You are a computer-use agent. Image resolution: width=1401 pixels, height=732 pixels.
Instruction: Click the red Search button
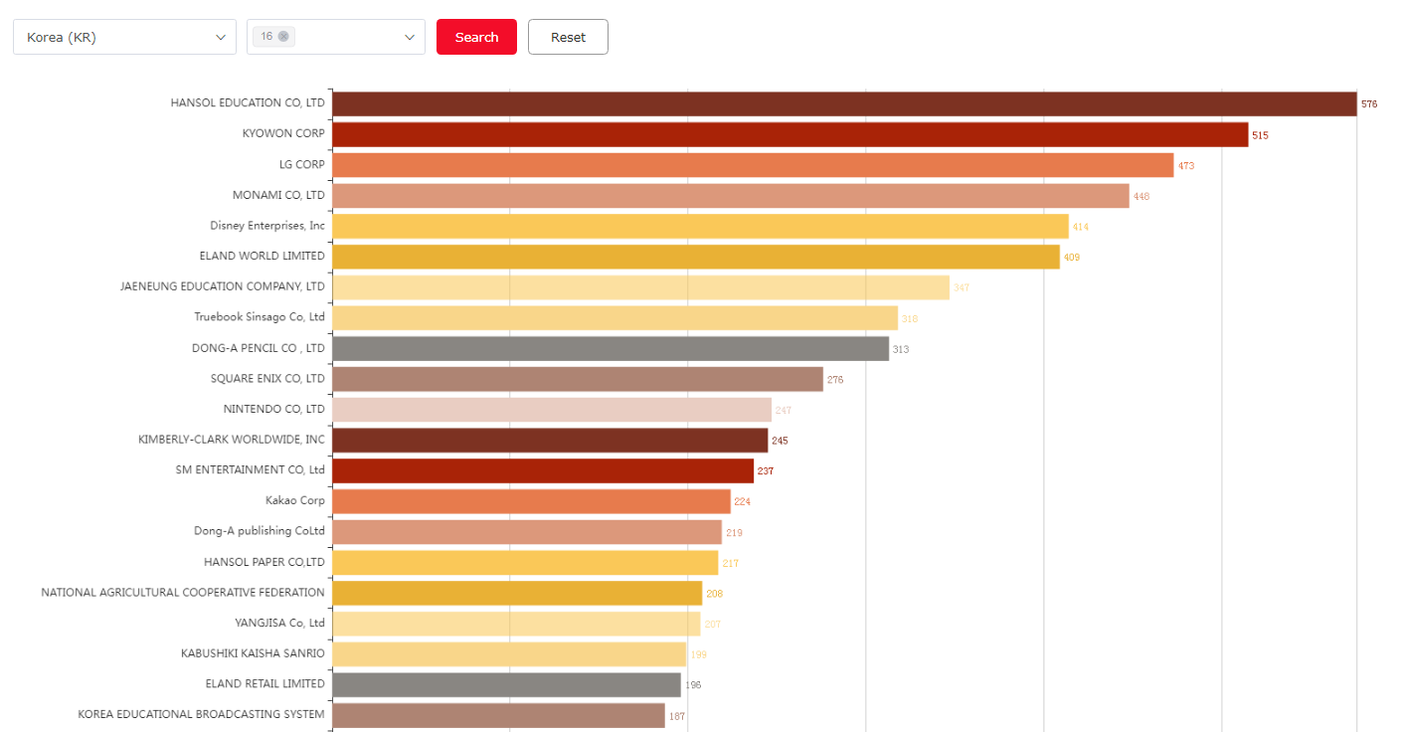click(x=476, y=37)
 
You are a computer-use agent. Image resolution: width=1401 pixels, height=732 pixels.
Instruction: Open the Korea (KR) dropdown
click(x=124, y=37)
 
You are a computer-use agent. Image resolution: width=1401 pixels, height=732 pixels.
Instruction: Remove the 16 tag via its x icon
click(x=283, y=37)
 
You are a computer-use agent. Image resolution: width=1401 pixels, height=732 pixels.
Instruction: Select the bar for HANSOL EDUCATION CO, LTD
click(x=843, y=103)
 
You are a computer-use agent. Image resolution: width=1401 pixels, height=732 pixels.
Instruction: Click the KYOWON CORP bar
click(x=789, y=134)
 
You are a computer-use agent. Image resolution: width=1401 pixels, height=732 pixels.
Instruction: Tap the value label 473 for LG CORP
click(x=1186, y=166)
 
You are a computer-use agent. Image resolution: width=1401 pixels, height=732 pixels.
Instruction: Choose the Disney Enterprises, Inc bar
click(x=700, y=227)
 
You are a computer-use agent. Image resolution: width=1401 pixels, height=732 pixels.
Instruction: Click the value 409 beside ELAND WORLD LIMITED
click(x=1072, y=258)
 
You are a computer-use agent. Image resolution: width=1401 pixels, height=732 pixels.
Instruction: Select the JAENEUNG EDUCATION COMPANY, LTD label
click(x=223, y=286)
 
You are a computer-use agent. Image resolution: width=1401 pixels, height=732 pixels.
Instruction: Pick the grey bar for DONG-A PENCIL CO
click(x=611, y=349)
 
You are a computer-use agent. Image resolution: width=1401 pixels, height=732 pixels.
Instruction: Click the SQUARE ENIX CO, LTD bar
click(x=578, y=379)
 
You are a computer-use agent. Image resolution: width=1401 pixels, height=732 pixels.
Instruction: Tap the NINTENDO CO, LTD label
click(x=274, y=409)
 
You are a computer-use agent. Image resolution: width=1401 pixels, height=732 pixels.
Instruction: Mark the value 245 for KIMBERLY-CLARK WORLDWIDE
click(x=780, y=441)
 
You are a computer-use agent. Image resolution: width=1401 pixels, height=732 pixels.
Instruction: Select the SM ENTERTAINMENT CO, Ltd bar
click(x=543, y=470)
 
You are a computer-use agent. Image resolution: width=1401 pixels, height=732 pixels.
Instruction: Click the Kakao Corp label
click(x=295, y=500)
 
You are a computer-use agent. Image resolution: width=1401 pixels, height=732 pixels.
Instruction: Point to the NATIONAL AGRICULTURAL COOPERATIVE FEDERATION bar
click(x=517, y=593)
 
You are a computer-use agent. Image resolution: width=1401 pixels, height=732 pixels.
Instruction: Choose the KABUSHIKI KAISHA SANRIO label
click(x=253, y=653)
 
